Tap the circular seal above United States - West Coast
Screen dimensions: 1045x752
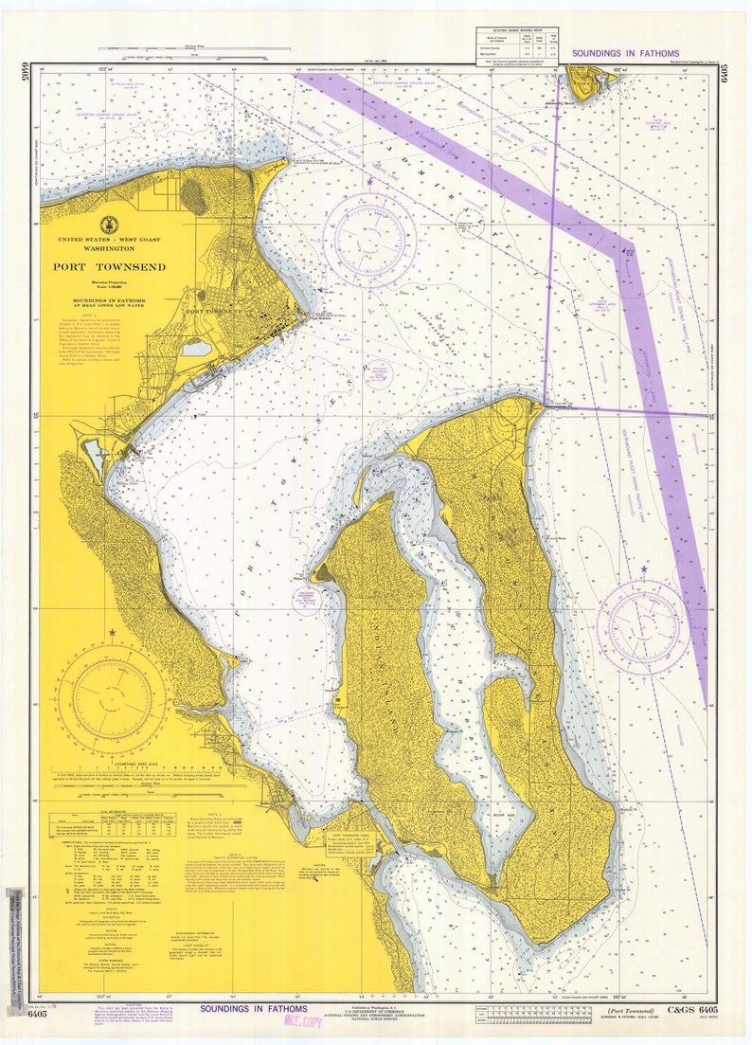tap(109, 225)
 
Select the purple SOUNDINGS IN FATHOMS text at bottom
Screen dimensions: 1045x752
tap(254, 1009)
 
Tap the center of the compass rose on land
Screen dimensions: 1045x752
tap(112, 699)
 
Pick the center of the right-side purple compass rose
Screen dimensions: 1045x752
tap(643, 626)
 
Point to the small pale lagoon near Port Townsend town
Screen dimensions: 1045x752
tap(197, 349)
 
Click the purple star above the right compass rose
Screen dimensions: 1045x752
tap(644, 569)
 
